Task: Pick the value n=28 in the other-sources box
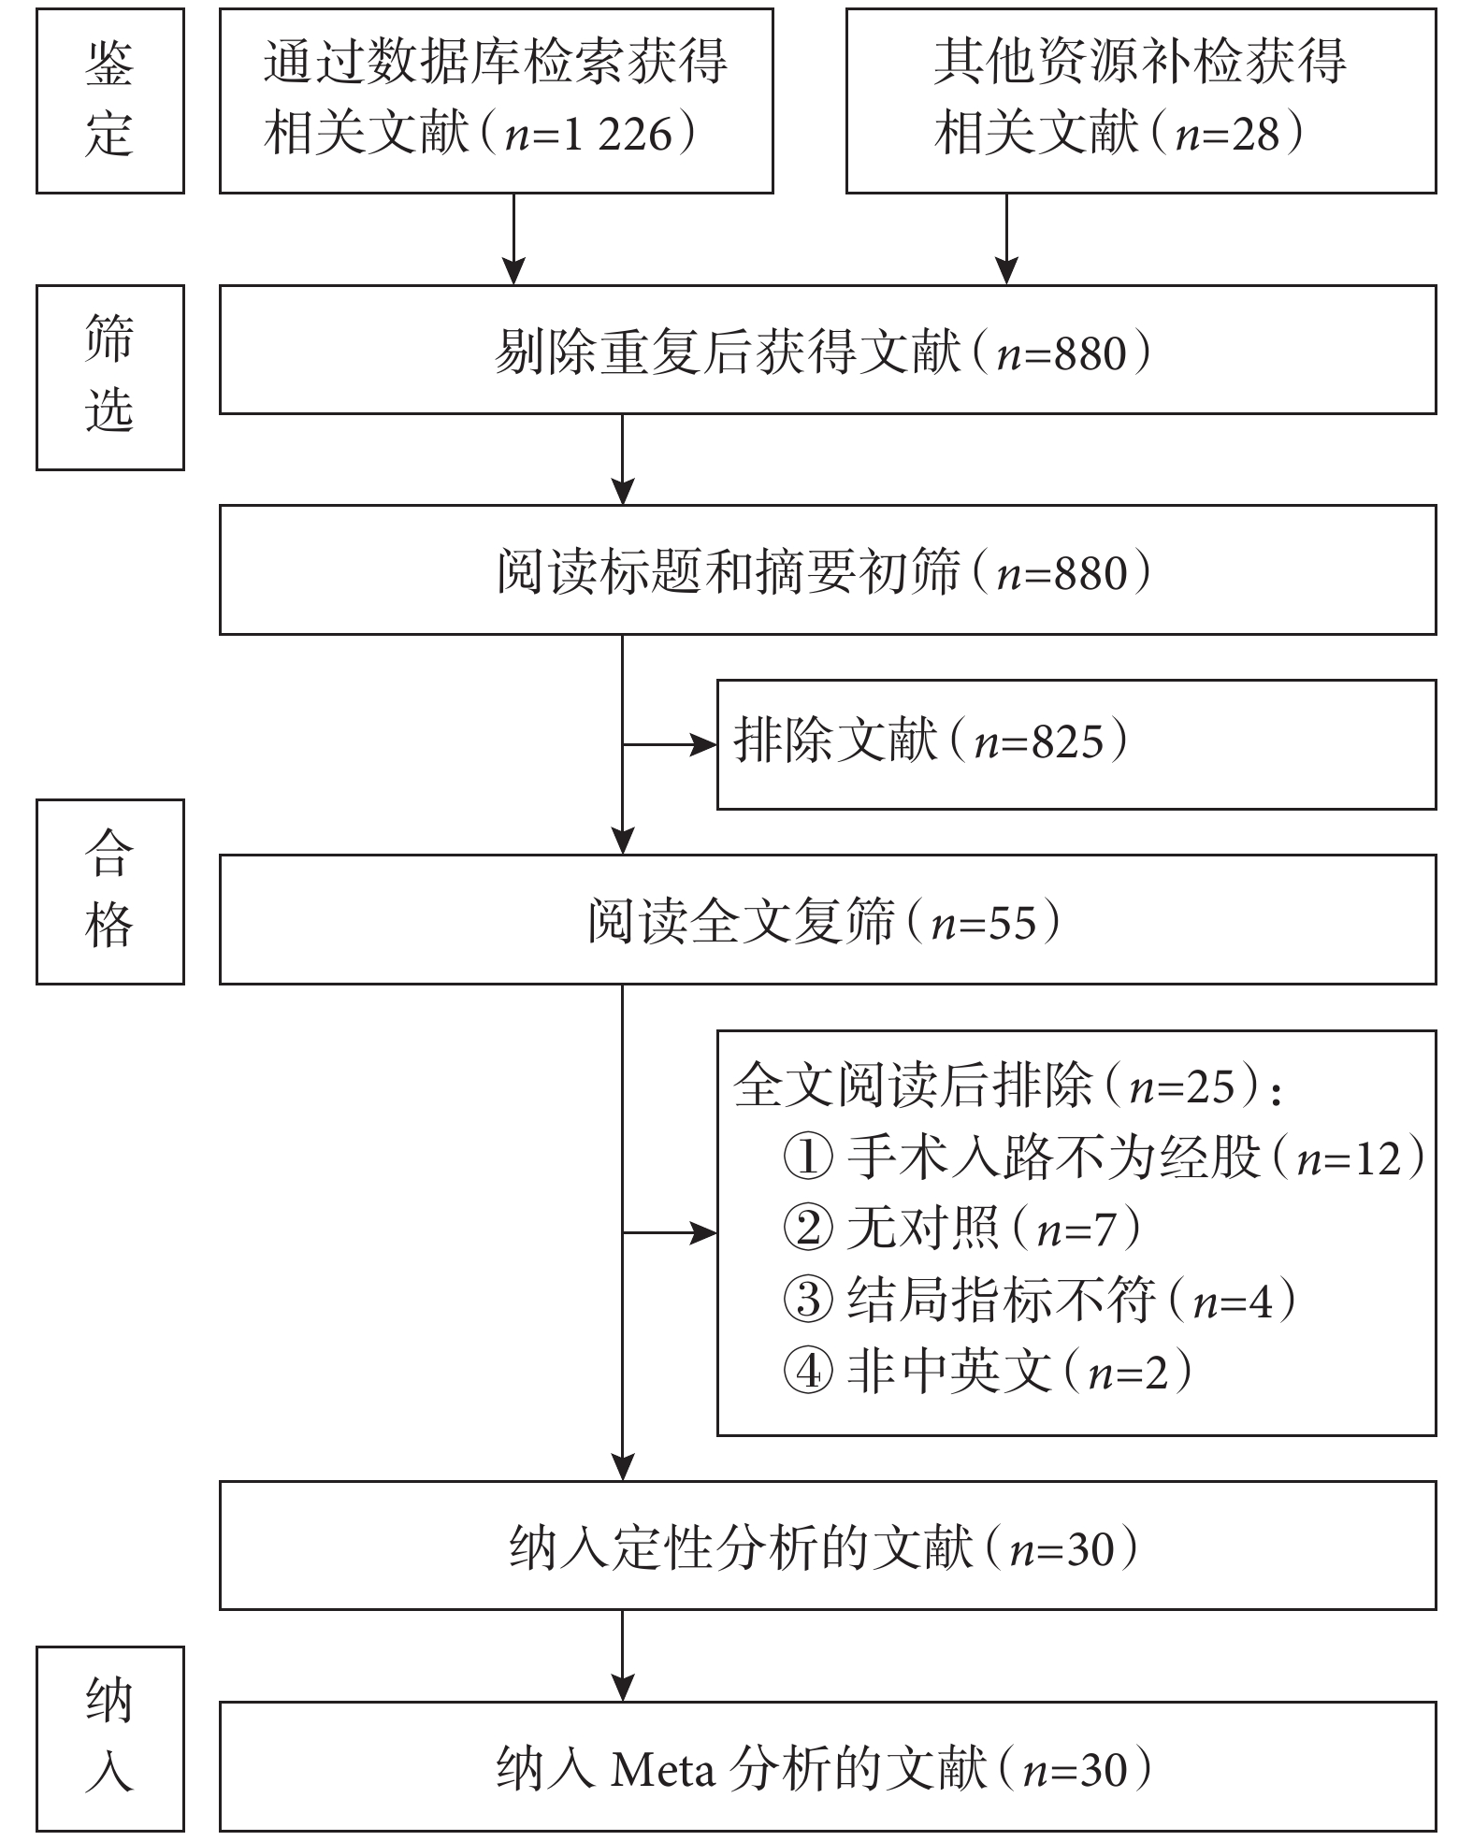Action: click(x=1227, y=134)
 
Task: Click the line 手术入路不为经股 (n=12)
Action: click(x=1104, y=1158)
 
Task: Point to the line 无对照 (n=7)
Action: click(x=961, y=1228)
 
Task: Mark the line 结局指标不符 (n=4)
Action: click(x=1039, y=1300)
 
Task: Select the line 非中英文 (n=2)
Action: click(x=988, y=1371)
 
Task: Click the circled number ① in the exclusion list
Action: click(x=807, y=1158)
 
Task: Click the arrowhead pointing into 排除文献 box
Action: click(x=703, y=745)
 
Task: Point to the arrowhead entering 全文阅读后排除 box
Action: click(x=703, y=1233)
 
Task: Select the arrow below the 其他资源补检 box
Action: click(x=1006, y=239)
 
